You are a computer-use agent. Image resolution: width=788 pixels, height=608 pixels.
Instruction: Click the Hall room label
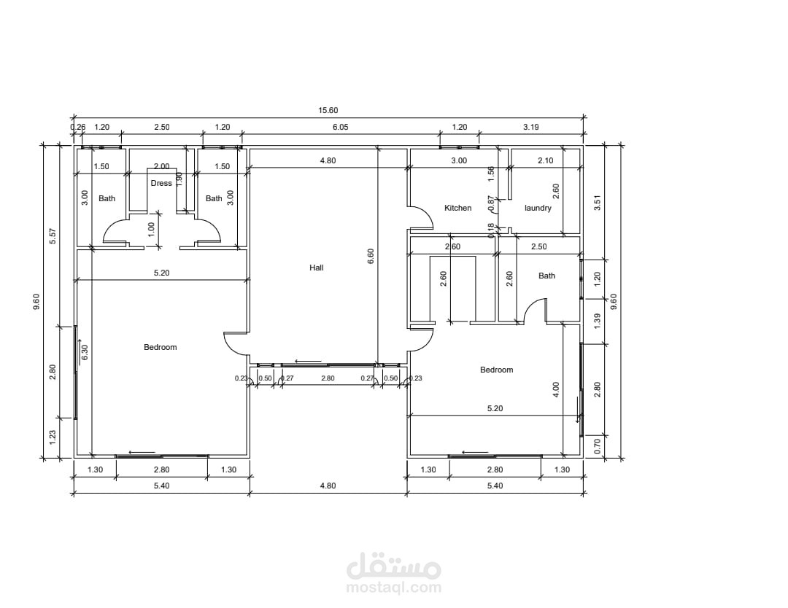click(317, 268)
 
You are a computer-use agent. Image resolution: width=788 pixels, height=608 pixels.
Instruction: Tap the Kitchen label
click(457, 208)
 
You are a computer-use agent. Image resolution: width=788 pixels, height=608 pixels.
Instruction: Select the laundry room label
click(538, 208)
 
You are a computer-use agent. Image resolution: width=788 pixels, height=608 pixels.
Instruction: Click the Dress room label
click(161, 183)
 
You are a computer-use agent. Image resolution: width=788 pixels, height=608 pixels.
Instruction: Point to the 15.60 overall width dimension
click(328, 111)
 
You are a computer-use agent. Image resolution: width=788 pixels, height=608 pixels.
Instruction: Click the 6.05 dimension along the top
click(340, 127)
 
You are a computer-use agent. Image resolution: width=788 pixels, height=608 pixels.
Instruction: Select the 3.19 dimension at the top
click(531, 127)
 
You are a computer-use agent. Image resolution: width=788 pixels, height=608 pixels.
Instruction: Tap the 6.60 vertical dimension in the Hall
click(371, 256)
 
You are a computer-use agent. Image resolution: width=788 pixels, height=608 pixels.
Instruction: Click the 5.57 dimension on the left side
click(53, 236)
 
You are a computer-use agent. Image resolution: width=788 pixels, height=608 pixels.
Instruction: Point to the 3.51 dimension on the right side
click(598, 203)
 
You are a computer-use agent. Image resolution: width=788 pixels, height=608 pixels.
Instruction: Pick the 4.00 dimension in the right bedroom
click(555, 389)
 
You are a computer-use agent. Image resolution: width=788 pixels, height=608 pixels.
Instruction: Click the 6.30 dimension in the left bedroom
click(85, 352)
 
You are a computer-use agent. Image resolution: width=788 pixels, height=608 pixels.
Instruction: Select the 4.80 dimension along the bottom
click(328, 486)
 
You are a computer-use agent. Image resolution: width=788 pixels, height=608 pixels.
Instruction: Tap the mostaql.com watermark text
click(393, 587)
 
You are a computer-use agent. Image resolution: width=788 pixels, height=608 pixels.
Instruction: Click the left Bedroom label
click(161, 347)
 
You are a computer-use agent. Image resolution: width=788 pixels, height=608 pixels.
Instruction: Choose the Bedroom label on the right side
click(497, 370)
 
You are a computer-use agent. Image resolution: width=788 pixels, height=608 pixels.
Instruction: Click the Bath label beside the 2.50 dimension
click(546, 275)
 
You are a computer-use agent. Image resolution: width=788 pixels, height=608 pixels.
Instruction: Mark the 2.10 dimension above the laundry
click(545, 160)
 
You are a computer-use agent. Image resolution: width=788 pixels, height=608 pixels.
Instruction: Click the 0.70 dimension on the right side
click(598, 446)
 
